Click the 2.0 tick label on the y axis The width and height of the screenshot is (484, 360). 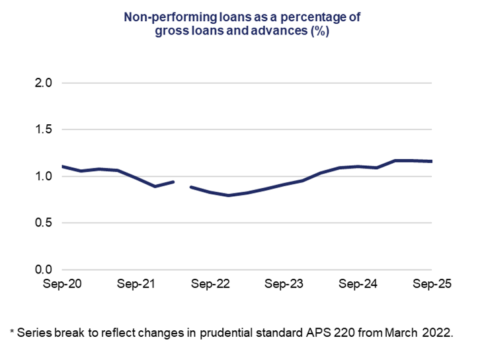point(44,83)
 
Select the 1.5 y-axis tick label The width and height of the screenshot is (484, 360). point(44,130)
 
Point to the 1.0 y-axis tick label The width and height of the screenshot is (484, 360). point(44,176)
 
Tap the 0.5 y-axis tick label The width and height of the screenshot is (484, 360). point(44,223)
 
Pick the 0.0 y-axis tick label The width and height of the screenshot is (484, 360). point(44,270)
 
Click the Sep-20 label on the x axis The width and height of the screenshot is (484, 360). point(62,285)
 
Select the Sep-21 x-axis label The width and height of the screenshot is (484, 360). point(136,285)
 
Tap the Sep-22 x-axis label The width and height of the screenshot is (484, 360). point(210,285)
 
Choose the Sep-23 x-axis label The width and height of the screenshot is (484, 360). point(284,285)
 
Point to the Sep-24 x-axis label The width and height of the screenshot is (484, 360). point(358,285)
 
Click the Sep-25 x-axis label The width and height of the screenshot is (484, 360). point(431,285)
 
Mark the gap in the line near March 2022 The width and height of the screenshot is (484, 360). point(182,184)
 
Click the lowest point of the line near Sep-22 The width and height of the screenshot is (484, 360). point(229,196)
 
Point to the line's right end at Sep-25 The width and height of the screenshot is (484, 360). point(431,161)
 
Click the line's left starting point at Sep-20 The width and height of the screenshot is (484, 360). point(62,166)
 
